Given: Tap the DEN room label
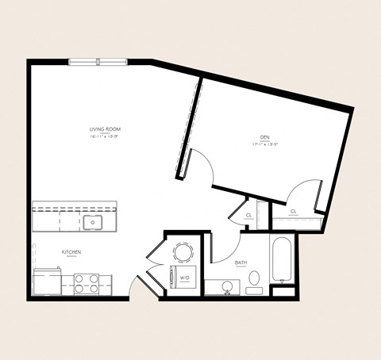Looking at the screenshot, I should pyautogui.click(x=264, y=136).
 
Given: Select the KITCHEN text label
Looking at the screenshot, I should pyautogui.click(x=71, y=252).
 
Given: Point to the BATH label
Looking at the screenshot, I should pyautogui.click(x=241, y=262).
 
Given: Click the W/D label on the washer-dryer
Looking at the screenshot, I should pyautogui.click(x=183, y=278).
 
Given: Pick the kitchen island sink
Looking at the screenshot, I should pyautogui.click(x=94, y=223).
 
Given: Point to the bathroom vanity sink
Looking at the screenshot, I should pyautogui.click(x=227, y=285).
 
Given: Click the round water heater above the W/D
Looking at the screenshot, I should pyautogui.click(x=183, y=253).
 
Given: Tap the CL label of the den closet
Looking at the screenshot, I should pyautogui.click(x=293, y=212).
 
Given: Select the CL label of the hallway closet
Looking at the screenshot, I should pyautogui.click(x=248, y=216).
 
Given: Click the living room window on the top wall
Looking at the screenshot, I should pyautogui.click(x=98, y=62).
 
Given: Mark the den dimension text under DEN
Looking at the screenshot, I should pyautogui.click(x=264, y=144).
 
